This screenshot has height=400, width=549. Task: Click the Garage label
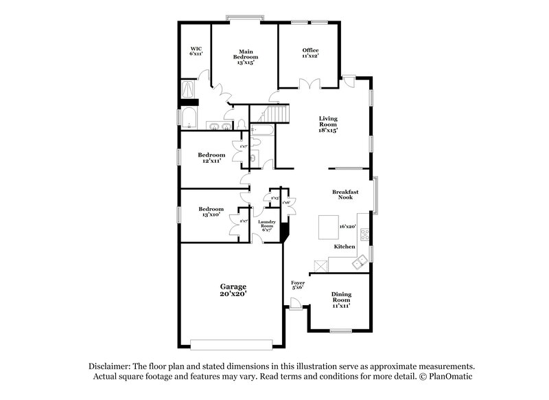[x=233, y=290]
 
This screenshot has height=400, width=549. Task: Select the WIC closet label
[x=196, y=52]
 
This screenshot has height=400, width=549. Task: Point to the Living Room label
[x=328, y=124]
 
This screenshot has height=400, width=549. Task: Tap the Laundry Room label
[x=266, y=225]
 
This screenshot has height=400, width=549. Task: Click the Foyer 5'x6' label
[x=298, y=285]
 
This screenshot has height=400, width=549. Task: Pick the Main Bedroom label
[x=246, y=56]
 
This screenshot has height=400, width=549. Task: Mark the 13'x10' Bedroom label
[x=211, y=212]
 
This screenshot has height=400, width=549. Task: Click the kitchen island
[x=327, y=226]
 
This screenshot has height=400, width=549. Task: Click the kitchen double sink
[x=359, y=263]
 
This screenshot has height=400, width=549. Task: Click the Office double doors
[x=312, y=85]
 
